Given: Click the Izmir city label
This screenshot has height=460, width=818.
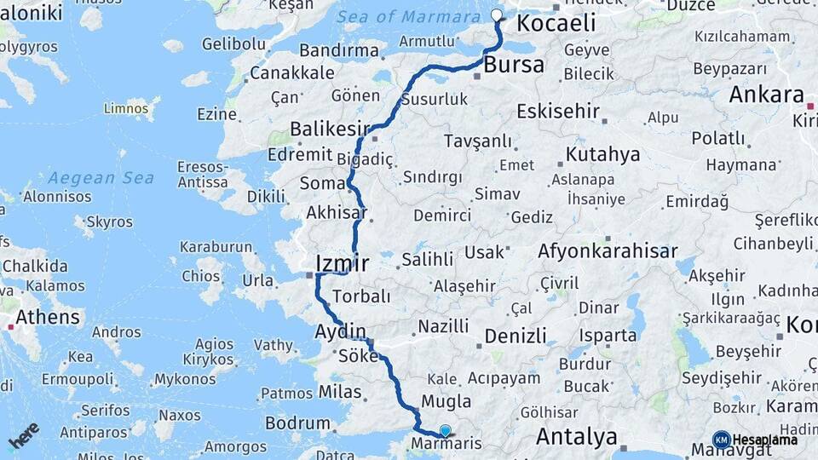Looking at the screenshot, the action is click(343, 262).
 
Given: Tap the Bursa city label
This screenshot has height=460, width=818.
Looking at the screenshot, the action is click(514, 65).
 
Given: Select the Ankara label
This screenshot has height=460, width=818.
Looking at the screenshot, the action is click(766, 95).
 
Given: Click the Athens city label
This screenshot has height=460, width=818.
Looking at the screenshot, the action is click(47, 318).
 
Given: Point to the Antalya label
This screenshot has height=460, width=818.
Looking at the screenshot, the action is click(577, 438).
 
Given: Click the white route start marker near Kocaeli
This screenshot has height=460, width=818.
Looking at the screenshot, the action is click(497, 14).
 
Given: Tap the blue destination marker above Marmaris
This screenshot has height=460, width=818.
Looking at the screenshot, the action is click(445, 431).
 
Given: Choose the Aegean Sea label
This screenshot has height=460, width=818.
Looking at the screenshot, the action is click(101, 178).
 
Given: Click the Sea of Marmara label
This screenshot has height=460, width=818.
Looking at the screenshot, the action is click(408, 17).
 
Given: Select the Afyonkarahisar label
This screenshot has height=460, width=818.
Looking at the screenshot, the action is click(608, 251).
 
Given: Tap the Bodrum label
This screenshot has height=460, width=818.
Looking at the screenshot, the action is click(297, 423).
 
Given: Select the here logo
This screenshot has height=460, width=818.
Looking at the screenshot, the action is click(24, 434).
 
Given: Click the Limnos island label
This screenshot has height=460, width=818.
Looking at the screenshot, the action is click(126, 109).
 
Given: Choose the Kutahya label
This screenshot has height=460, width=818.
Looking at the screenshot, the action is click(602, 155).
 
